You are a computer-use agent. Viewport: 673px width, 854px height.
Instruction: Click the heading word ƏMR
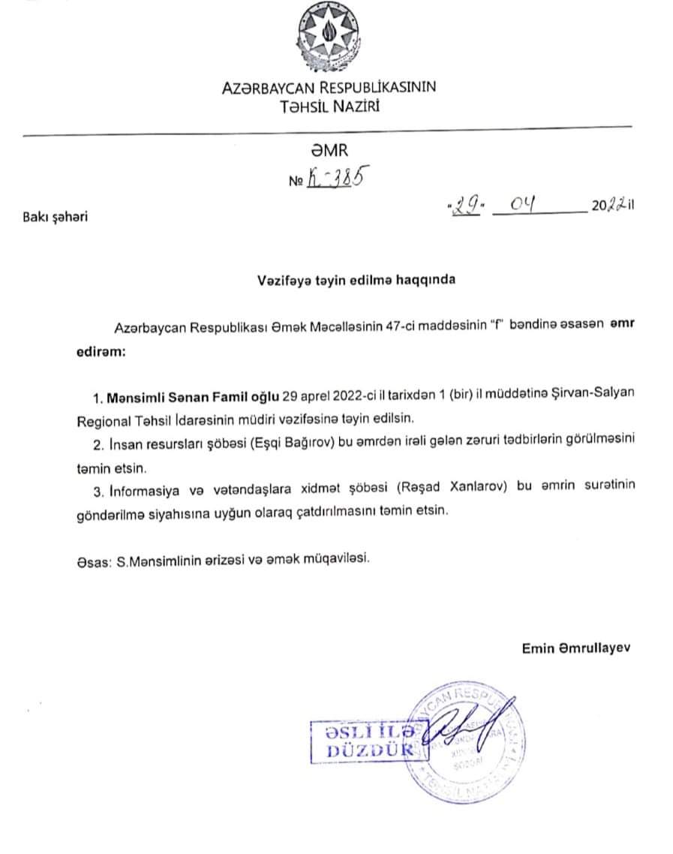pos(329,152)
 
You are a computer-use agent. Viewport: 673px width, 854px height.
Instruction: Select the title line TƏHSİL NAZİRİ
pos(329,107)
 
